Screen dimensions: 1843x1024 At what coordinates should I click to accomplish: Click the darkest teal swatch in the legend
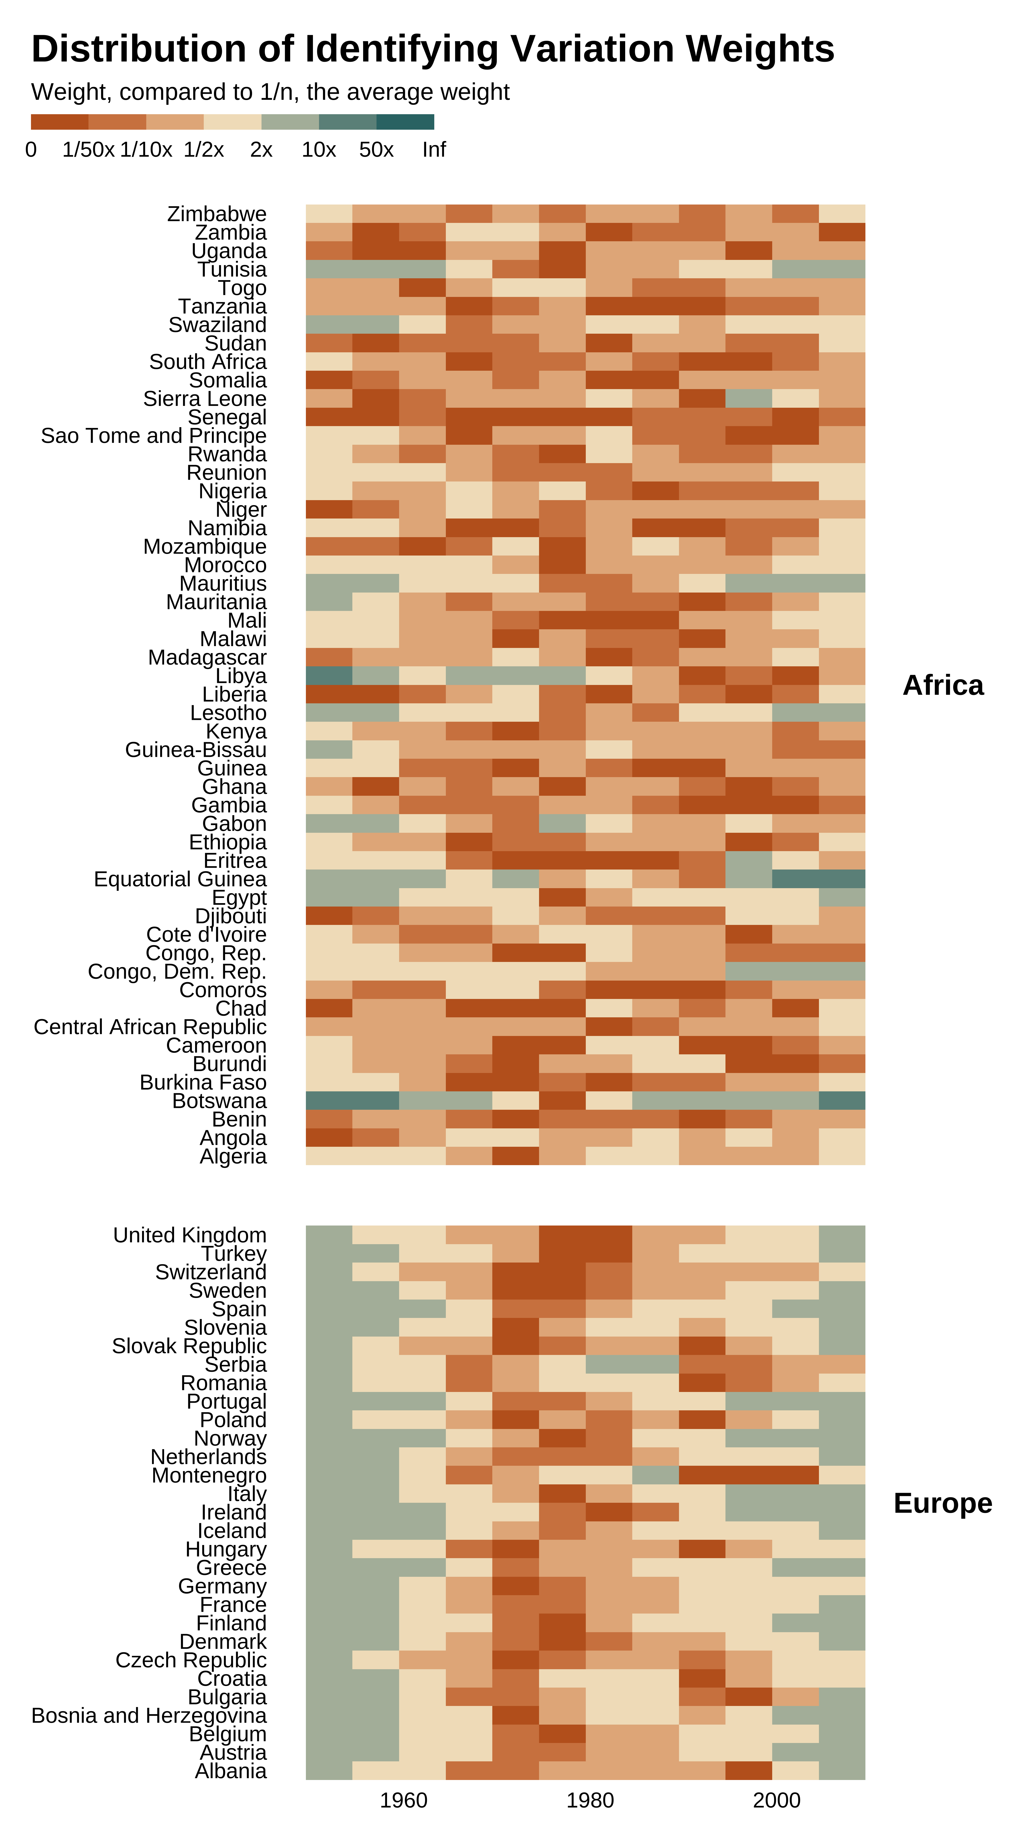405,122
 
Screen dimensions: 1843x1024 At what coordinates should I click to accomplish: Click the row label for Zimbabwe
217,214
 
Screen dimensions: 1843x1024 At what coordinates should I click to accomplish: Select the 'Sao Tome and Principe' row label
154,436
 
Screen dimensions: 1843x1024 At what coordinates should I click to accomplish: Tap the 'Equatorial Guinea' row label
180,879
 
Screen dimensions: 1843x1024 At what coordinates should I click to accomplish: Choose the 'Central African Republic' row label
150,1027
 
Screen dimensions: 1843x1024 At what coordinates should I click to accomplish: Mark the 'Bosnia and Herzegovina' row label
149,1716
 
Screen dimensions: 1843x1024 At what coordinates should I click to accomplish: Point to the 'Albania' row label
231,1771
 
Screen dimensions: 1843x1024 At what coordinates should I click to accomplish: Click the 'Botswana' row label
220,1101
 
